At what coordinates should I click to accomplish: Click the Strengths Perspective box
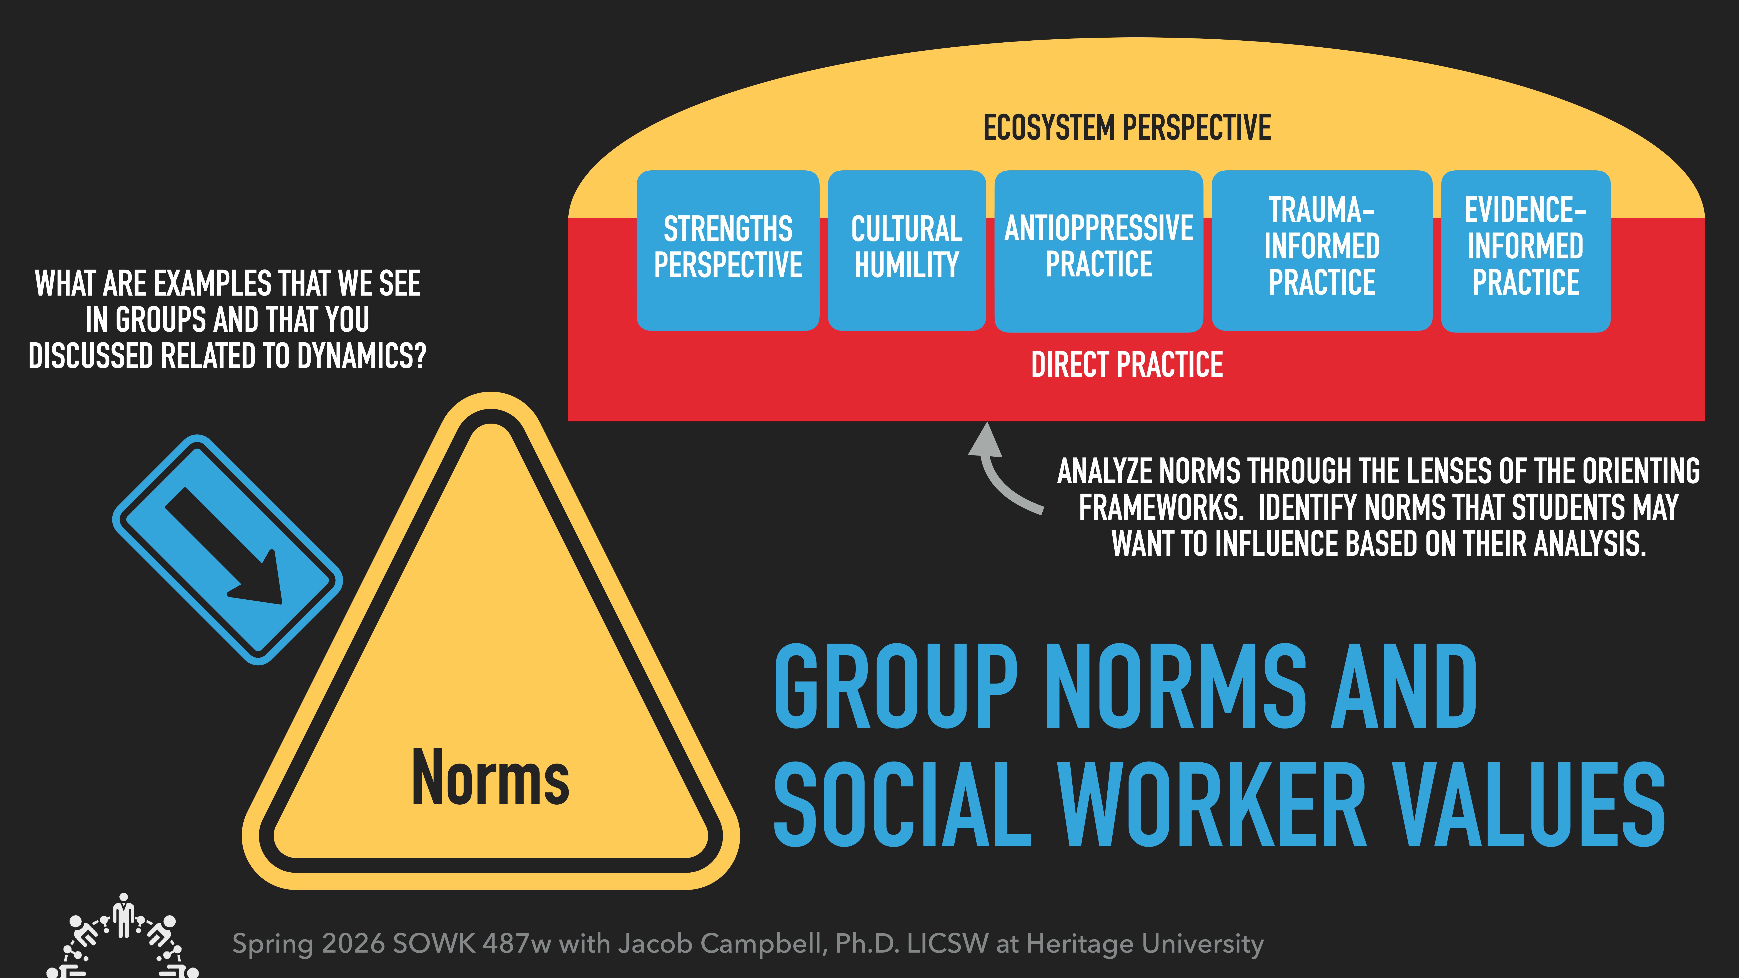tap(728, 250)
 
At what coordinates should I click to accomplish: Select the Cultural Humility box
tap(907, 250)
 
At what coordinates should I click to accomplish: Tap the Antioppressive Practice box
tap(1098, 250)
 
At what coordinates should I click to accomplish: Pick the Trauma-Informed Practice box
tap(1322, 250)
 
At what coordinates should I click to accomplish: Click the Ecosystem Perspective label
tap(1127, 128)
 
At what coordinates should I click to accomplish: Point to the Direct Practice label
tap(1127, 365)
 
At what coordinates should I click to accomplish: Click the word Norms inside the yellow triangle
tap(491, 778)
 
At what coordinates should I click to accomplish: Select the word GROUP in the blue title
tap(896, 686)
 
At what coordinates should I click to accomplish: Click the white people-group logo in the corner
tap(123, 938)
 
